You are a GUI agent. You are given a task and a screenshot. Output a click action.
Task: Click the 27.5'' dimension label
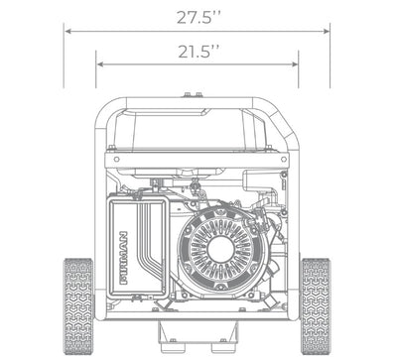coord(198,17)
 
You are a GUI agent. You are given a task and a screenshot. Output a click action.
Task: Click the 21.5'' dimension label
coord(198,52)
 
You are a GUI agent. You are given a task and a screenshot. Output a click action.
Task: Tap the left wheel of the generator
coord(78,306)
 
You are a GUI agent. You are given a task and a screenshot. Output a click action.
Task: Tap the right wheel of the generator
coord(316,306)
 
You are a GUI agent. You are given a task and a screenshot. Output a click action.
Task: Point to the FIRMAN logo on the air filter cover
coord(123,258)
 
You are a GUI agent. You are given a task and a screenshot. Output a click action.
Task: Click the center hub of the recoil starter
coord(219,249)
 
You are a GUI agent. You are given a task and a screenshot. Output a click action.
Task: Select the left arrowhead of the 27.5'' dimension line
coord(67,32)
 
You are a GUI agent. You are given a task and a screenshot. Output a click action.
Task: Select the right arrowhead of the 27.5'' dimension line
coord(327,32)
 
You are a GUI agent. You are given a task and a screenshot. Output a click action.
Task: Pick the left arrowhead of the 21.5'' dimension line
coord(100,64)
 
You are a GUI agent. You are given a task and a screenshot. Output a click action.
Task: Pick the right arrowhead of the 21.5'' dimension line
coord(295,64)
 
